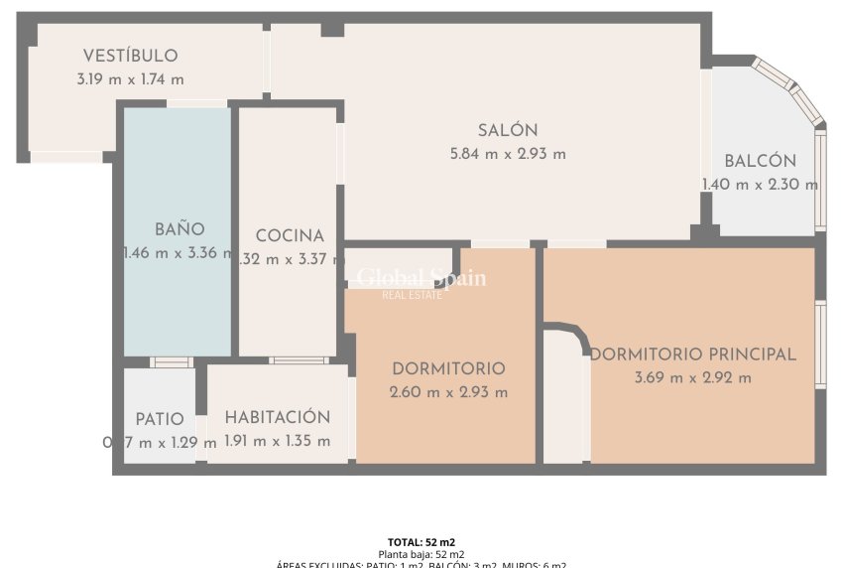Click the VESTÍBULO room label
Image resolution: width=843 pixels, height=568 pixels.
130,56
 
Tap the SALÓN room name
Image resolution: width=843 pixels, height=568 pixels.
508,130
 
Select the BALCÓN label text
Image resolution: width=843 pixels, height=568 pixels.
760,161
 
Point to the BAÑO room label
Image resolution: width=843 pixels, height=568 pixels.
180,229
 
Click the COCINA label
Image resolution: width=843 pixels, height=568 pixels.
290,236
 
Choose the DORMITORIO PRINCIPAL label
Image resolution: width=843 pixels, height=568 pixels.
693,355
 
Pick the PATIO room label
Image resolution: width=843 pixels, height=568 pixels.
160,419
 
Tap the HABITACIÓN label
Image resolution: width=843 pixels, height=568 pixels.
277,418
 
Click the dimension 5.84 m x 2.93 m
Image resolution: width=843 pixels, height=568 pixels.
508,154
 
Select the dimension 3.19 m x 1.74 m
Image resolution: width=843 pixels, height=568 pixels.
130,79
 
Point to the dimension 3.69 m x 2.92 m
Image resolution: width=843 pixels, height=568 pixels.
693,377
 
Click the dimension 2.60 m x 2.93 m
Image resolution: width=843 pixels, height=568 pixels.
448,392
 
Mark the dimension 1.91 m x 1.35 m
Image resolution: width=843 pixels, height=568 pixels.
277,442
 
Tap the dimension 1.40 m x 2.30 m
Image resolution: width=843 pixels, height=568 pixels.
760,184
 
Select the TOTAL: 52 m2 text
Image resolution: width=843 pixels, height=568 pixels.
421,542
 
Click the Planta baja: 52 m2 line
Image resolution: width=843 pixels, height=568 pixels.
421,554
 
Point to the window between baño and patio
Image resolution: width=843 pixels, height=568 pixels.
172,361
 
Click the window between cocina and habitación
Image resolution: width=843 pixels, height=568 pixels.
298,360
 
